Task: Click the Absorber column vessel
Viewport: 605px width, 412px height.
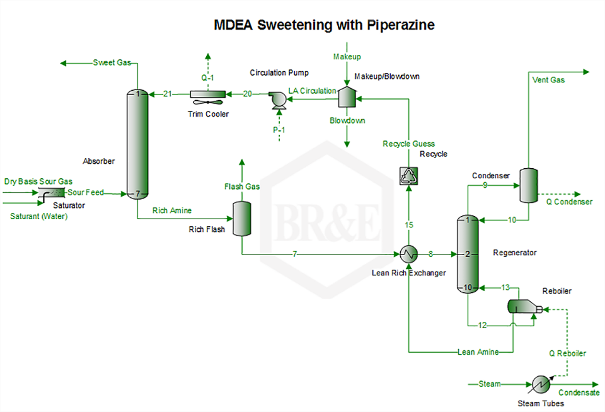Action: pos(137,144)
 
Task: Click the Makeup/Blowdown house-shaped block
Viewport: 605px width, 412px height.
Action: pos(346,96)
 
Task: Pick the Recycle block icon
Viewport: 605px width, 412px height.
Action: pos(409,176)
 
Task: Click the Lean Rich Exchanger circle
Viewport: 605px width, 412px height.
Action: pos(409,254)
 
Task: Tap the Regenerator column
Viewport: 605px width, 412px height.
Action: pos(468,254)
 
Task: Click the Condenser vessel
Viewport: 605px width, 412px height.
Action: pos(527,185)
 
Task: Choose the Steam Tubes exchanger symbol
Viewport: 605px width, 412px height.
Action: pos(539,384)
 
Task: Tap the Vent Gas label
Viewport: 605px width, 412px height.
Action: pos(548,80)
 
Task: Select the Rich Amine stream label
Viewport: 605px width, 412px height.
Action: pos(172,210)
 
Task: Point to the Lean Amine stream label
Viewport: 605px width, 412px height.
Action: pos(478,352)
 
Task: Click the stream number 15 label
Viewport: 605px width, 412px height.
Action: pos(409,224)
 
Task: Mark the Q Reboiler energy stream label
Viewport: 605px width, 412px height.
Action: pos(567,353)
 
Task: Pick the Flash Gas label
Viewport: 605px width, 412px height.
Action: pos(242,186)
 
